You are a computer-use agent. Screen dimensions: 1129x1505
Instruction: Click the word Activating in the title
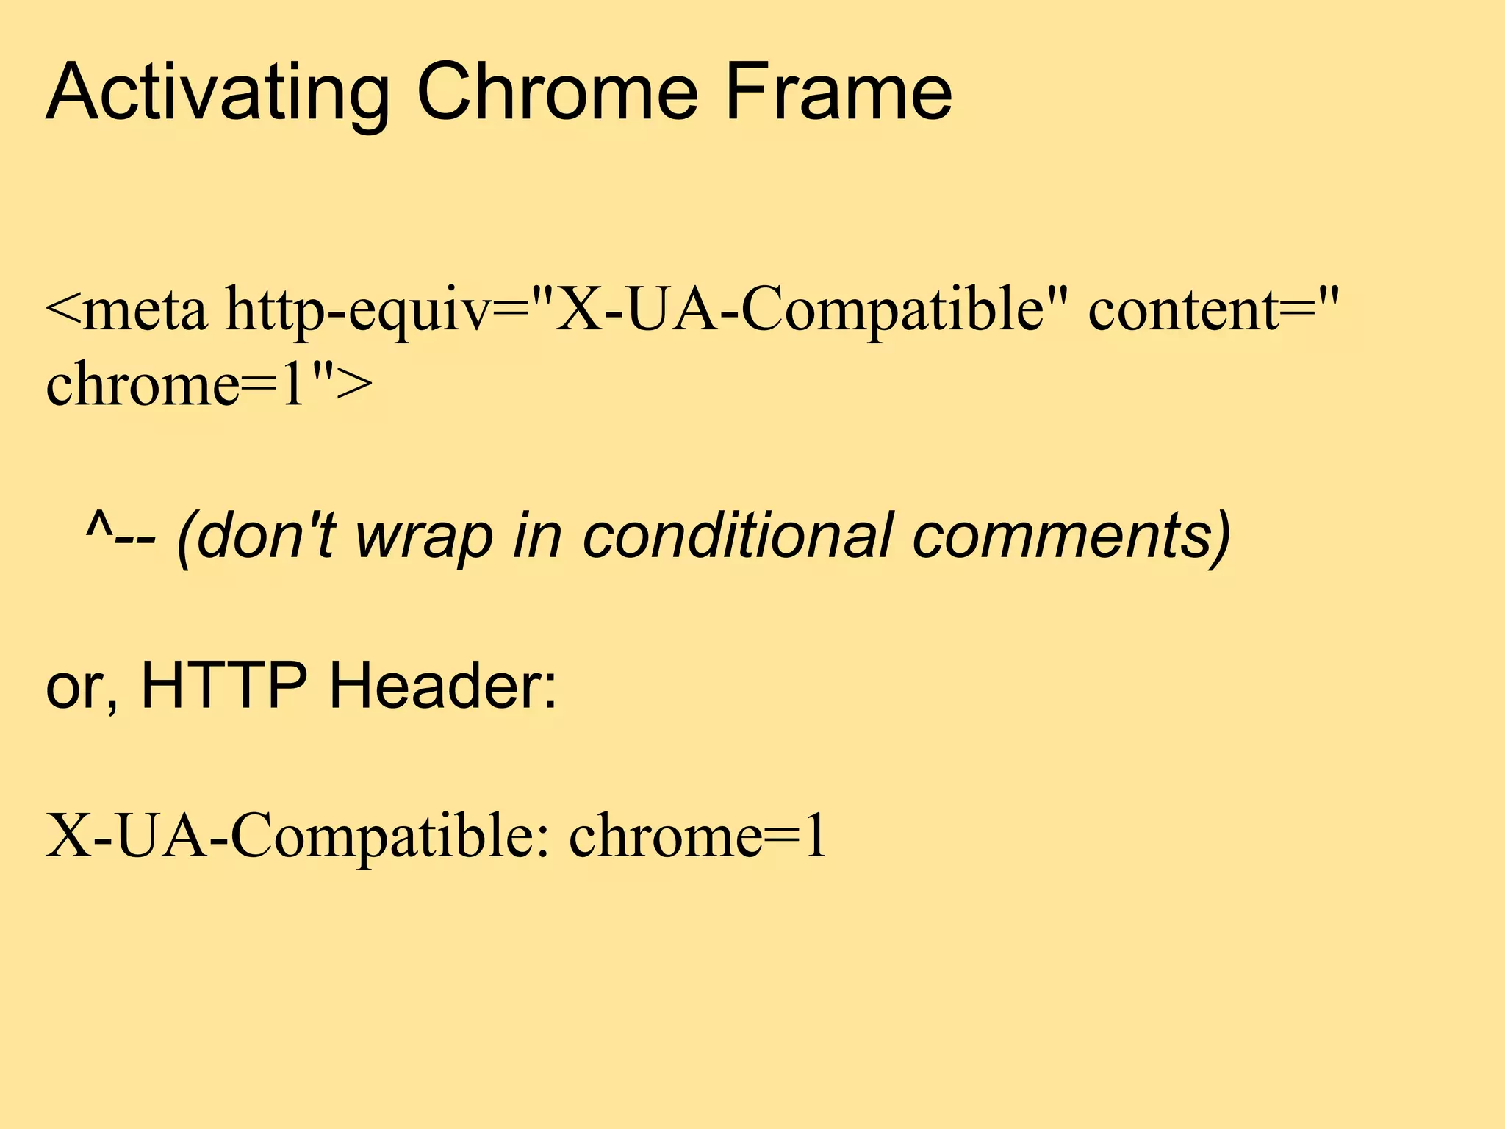217,93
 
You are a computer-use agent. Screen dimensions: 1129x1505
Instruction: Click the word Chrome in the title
556,93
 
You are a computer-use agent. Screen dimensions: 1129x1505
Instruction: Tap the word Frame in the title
838,93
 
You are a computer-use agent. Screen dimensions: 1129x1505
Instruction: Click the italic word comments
1066,535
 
